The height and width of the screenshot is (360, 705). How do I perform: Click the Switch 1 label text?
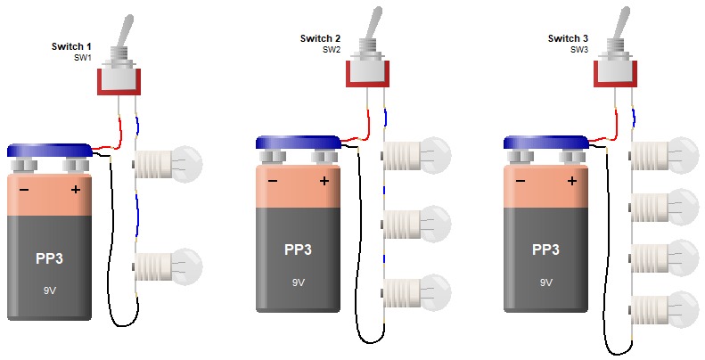[x=72, y=45]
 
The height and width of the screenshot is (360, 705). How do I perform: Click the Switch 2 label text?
[x=320, y=38]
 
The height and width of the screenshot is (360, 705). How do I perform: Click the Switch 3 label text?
[x=568, y=38]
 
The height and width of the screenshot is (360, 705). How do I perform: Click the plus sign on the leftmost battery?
[x=76, y=191]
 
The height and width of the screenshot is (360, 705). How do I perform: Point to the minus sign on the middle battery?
[x=272, y=182]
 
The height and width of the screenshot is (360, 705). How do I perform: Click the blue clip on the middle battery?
[x=298, y=143]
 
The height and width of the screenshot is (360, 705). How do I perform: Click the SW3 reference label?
[x=579, y=50]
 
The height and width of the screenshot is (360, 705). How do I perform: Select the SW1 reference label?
[x=83, y=57]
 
